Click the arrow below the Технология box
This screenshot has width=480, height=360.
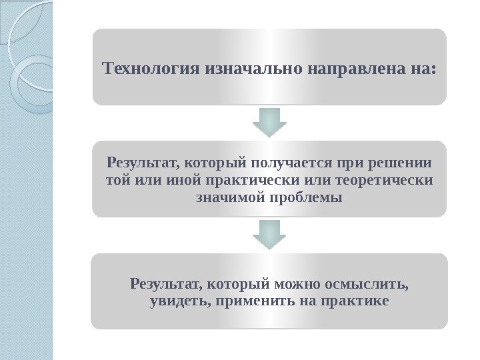[269, 123]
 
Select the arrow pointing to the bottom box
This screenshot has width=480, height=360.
[269, 235]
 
